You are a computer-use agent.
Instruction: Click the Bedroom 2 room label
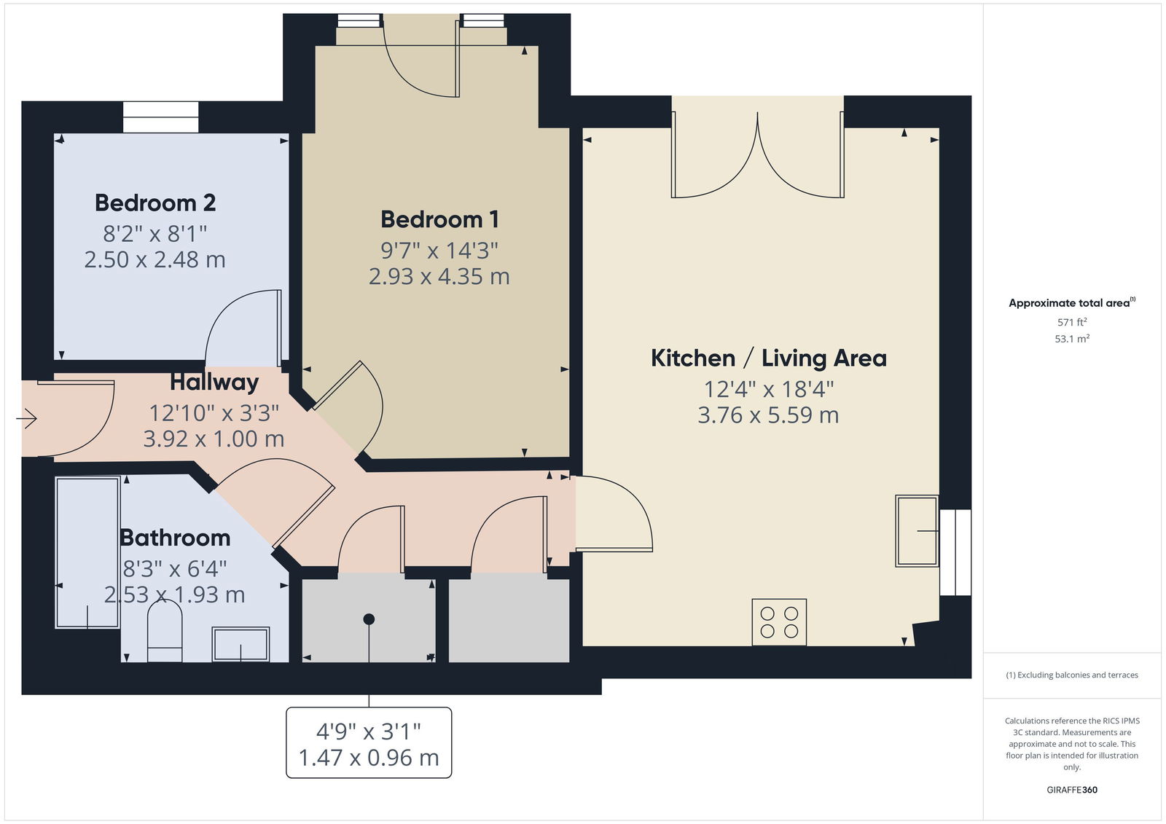click(x=155, y=203)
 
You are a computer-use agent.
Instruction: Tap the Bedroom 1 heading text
click(x=440, y=219)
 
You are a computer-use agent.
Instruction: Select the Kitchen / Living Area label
click(x=768, y=358)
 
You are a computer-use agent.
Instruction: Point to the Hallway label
click(x=214, y=382)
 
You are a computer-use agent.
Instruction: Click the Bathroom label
click(x=175, y=538)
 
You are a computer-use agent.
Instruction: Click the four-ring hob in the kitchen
click(x=779, y=622)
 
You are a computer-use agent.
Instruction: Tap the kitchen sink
click(x=917, y=531)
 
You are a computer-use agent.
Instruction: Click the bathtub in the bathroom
click(x=87, y=553)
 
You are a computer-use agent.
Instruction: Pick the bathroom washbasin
click(x=240, y=645)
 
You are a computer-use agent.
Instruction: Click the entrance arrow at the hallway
click(x=26, y=418)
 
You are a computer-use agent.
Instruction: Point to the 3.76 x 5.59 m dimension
click(x=768, y=415)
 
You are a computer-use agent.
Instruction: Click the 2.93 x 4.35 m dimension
click(x=439, y=276)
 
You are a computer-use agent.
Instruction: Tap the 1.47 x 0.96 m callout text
click(x=369, y=758)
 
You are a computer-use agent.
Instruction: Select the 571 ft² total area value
click(x=1072, y=322)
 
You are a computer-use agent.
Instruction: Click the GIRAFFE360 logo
click(x=1072, y=790)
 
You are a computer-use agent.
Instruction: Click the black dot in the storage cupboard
click(x=369, y=619)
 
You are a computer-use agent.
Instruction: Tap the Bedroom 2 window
click(x=161, y=117)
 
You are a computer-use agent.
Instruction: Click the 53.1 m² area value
click(x=1072, y=339)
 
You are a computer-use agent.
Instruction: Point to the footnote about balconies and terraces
click(x=1072, y=675)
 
